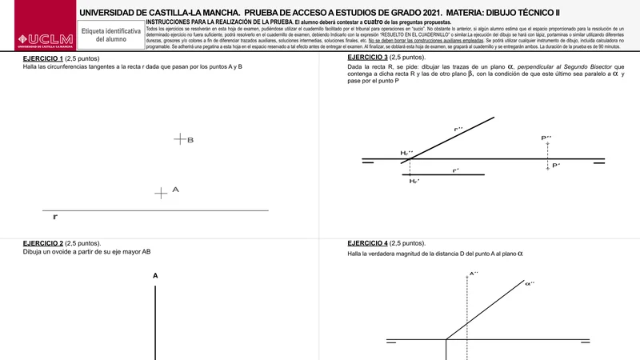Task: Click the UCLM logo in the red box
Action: [x=38, y=40]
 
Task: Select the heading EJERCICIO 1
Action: [x=42, y=58]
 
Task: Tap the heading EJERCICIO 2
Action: [x=42, y=243]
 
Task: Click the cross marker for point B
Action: [x=179, y=139]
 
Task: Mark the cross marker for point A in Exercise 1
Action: [x=161, y=192]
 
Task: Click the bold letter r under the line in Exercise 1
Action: [x=54, y=217]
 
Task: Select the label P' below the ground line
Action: [x=556, y=166]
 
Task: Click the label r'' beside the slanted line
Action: [x=458, y=128]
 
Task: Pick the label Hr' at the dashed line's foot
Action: [x=414, y=182]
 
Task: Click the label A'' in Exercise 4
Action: [x=473, y=274]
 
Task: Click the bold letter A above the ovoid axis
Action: [x=155, y=276]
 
